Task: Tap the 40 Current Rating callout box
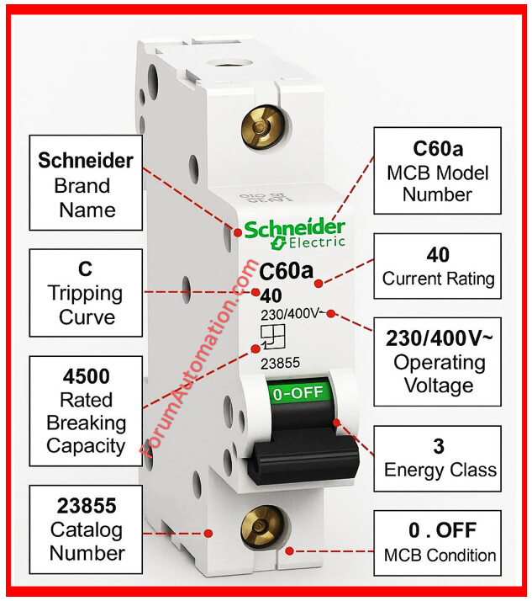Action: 438,266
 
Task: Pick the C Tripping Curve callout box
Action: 85,293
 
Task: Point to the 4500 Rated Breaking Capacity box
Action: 85,411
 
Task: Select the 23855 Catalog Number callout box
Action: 85,529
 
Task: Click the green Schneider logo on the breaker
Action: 294,228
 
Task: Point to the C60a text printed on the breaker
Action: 286,273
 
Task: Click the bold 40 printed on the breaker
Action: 271,295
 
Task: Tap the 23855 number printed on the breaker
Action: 280,363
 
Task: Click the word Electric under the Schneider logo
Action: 316,243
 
